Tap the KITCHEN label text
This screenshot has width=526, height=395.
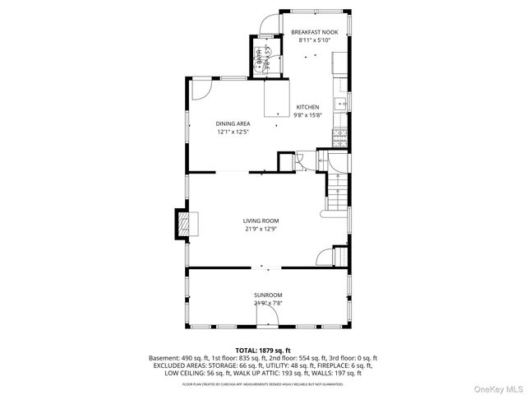tap(307, 107)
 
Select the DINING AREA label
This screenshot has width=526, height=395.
tap(233, 123)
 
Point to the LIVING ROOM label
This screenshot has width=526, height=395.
tap(261, 221)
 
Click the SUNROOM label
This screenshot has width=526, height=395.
tap(267, 295)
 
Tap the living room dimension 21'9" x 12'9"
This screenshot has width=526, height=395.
tap(261, 230)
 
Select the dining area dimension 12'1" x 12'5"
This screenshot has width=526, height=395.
tap(233, 132)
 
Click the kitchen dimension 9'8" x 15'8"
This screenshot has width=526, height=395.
tap(307, 116)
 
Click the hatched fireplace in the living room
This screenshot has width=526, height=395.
tap(181, 224)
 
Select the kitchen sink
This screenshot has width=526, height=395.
tap(339, 104)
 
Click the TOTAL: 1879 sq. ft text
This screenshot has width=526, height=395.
tap(263, 351)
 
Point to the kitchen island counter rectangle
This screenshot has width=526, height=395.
tap(276, 99)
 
